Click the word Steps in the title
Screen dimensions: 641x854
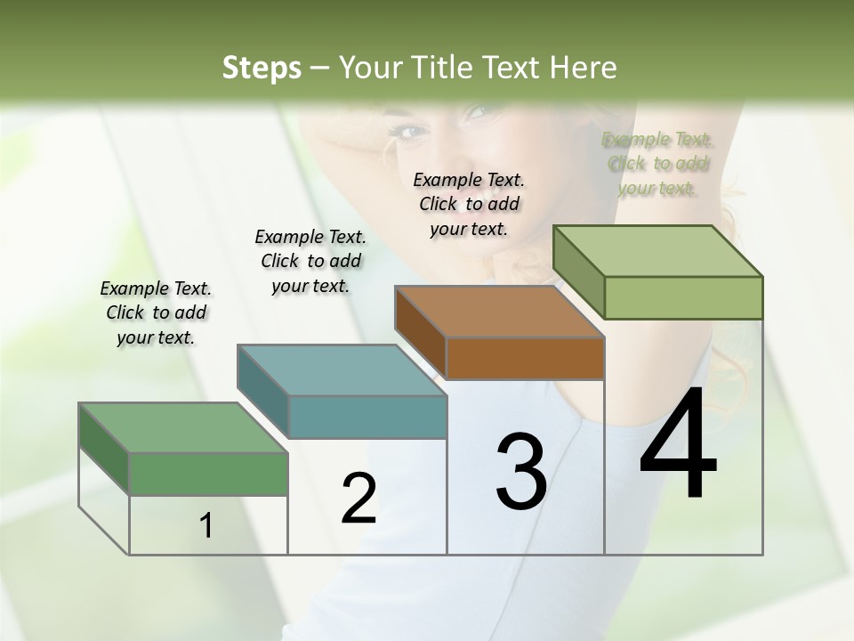(x=262, y=68)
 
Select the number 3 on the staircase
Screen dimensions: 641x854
(x=521, y=472)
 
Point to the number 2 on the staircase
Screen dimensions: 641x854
(x=359, y=499)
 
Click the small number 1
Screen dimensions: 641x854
(x=206, y=526)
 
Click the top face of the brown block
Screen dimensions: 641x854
(x=498, y=312)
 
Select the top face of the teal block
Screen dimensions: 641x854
(x=341, y=370)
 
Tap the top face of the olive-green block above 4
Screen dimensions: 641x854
(x=657, y=250)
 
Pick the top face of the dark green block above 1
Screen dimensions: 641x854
(x=182, y=427)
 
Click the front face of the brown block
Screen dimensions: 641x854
(x=525, y=359)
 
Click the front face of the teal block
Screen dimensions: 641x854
(x=367, y=418)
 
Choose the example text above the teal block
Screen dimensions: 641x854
(x=310, y=261)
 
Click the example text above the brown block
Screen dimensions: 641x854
(x=469, y=204)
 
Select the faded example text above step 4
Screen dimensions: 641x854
(x=657, y=163)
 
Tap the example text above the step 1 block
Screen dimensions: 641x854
(x=156, y=312)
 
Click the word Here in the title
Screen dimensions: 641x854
(x=584, y=68)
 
